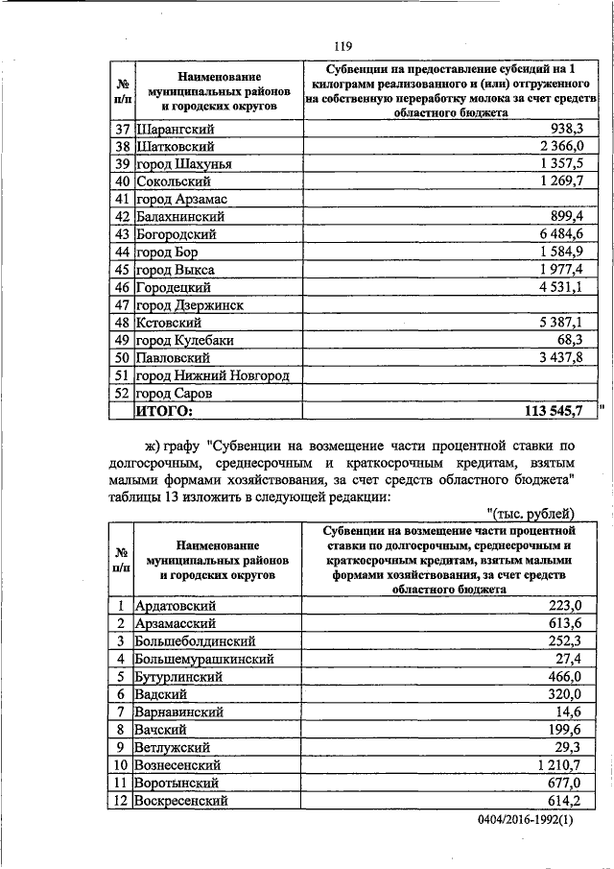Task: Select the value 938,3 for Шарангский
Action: [x=575, y=130]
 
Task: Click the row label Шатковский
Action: [x=176, y=147]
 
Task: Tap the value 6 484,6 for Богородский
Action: [x=570, y=234]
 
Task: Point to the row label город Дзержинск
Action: [x=189, y=304]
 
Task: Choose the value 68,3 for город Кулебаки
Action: [x=579, y=340]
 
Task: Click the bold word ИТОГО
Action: [x=163, y=411]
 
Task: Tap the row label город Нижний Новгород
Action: [x=212, y=375]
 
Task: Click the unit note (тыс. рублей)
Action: [x=531, y=511]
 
